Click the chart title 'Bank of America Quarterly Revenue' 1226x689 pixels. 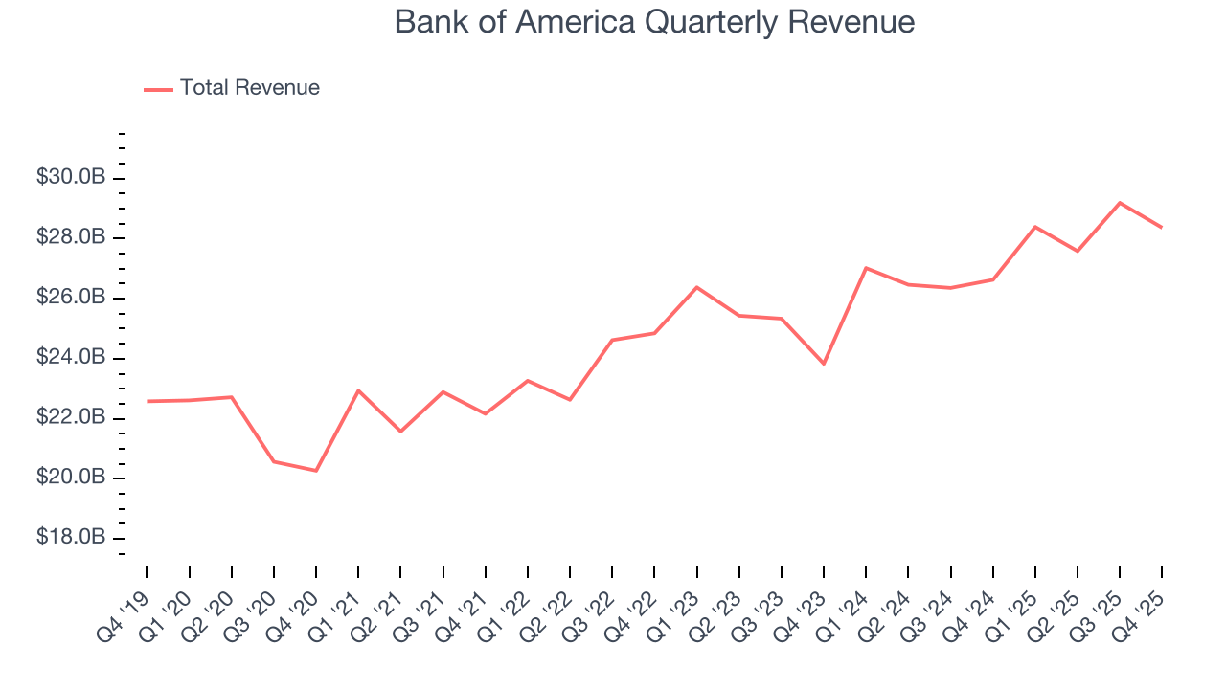[x=654, y=22]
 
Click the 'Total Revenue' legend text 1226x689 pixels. [x=249, y=88]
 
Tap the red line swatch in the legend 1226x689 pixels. [x=158, y=89]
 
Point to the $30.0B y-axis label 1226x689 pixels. [x=72, y=178]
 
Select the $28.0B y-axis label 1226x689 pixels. [x=72, y=237]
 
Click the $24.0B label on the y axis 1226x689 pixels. [x=72, y=358]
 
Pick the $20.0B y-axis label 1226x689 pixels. [x=72, y=478]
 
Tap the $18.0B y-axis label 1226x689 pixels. [x=72, y=538]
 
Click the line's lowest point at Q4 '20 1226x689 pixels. [x=316, y=471]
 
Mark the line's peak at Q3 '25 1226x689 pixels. [x=1120, y=203]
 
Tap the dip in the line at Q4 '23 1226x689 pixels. [x=824, y=364]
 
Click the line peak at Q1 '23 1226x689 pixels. [x=696, y=287]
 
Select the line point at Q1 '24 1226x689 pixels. [x=866, y=268]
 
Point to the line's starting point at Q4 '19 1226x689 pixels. [x=148, y=401]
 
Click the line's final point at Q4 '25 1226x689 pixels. [x=1162, y=227]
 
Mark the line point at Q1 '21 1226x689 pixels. [x=358, y=390]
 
